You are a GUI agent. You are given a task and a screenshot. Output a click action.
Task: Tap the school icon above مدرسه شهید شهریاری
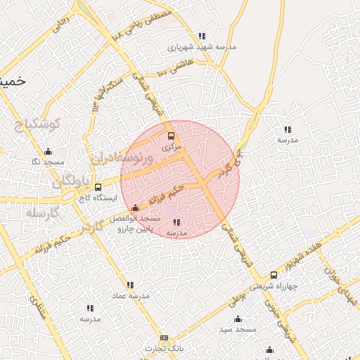coord(202,37)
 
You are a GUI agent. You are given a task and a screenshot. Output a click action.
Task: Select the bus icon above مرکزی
coord(171,136)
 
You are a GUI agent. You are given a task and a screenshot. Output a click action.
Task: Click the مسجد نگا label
coord(48,162)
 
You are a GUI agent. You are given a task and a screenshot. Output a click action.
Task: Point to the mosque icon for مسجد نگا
coord(48,151)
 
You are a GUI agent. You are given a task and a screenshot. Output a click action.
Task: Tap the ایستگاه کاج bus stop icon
coord(97,188)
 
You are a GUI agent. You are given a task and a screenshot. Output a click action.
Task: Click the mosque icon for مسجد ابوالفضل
coord(135,208)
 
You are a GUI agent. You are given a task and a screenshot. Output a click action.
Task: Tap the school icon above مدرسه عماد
coord(129,285)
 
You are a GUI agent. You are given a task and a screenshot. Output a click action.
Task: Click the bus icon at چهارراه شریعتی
coord(273,275)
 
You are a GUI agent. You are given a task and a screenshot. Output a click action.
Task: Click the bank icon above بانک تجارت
coord(165,338)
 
